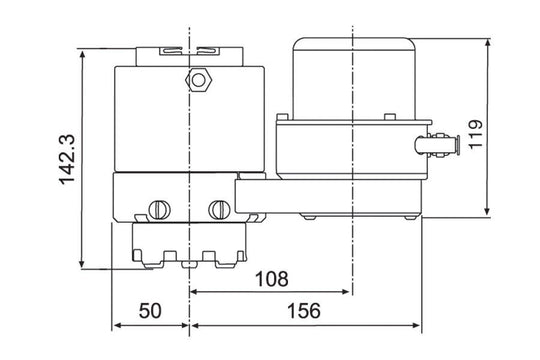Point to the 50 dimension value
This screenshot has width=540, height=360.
click(x=150, y=310)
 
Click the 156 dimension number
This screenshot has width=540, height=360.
click(x=307, y=310)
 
